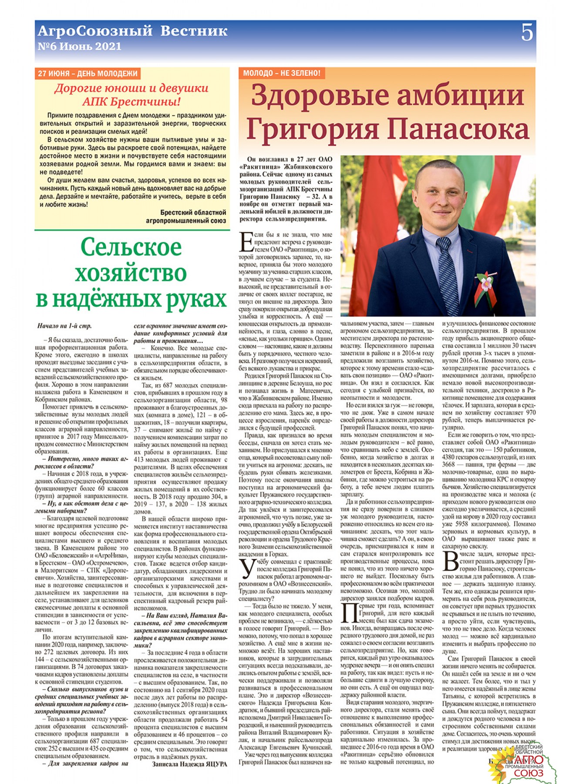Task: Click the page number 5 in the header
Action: tap(527, 34)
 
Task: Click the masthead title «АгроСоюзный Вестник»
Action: tap(132, 31)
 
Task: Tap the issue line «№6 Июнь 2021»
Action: tap(79, 47)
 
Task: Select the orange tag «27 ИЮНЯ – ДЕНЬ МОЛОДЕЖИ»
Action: tap(88, 74)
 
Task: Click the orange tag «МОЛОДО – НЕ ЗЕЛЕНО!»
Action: tap(281, 73)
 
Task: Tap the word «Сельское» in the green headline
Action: tap(131, 247)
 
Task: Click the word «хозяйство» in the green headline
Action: tap(131, 274)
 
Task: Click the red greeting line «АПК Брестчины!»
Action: tap(131, 102)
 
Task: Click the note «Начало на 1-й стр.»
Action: tap(64, 326)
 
